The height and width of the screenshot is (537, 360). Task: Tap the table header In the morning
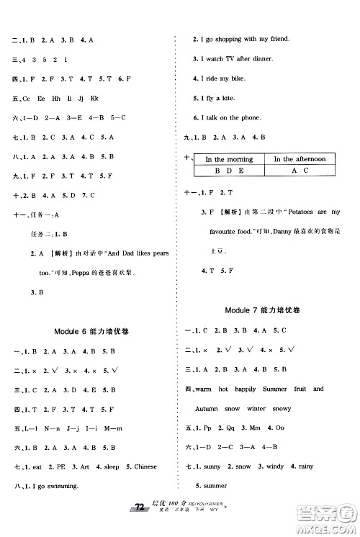pyautogui.click(x=229, y=159)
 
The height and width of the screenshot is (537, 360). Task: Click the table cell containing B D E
pyautogui.click(x=229, y=171)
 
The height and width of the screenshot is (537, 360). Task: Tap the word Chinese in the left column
pyautogui.click(x=141, y=466)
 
